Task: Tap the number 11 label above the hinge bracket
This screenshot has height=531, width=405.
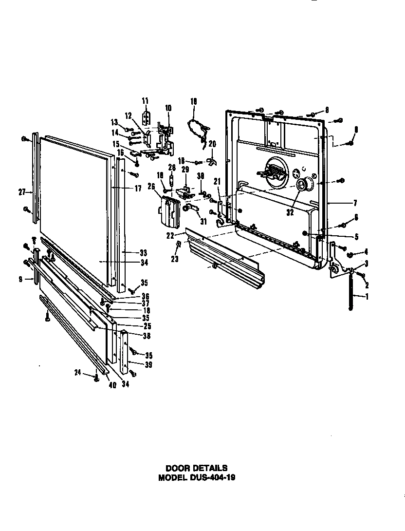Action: pyautogui.click(x=145, y=101)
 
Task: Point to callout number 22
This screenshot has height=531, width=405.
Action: pyautogui.click(x=170, y=235)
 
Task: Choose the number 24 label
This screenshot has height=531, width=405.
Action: pyautogui.click(x=77, y=374)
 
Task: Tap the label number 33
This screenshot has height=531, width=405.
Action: pyautogui.click(x=144, y=253)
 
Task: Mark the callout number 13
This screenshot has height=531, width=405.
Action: pyautogui.click(x=114, y=122)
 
